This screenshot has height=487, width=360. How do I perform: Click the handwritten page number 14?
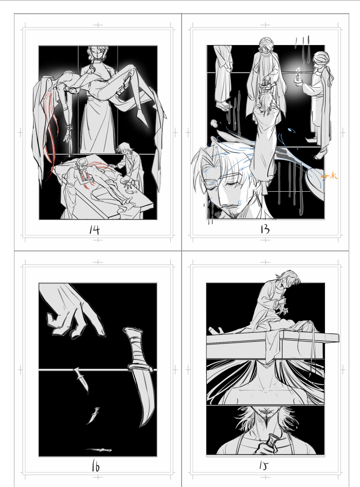tap(94, 230)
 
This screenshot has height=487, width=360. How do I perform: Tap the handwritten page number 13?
tap(265, 229)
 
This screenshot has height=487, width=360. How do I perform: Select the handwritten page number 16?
tap(96, 467)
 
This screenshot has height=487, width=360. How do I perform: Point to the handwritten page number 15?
tap(264, 465)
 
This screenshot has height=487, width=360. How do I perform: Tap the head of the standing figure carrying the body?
tap(98, 54)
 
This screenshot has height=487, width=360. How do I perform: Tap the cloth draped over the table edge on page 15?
tap(273, 347)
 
